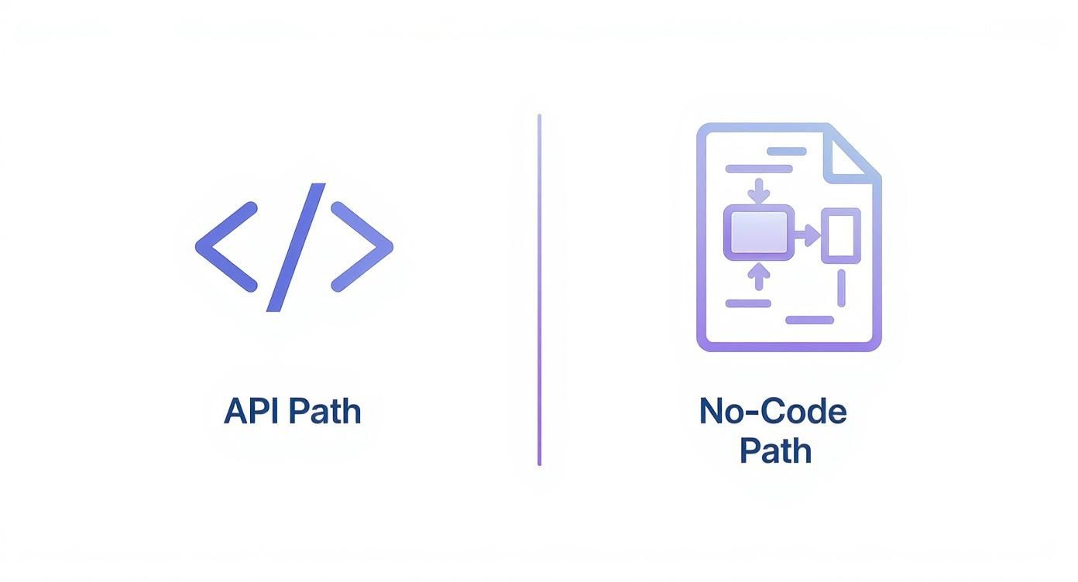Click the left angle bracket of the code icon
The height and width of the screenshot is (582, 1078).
tap(225, 247)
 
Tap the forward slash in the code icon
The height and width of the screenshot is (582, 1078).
tap(296, 247)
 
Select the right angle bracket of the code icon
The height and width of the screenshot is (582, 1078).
tap(363, 247)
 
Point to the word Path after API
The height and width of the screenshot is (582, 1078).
tap(325, 411)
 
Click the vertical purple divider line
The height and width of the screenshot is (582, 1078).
tap(539, 290)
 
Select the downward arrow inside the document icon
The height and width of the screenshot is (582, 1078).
tap(760, 190)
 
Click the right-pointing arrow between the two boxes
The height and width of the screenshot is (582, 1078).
tap(808, 234)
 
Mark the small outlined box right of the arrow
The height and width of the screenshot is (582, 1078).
tap(840, 235)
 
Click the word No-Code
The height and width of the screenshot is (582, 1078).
tap(772, 411)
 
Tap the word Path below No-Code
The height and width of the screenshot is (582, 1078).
tap(774, 450)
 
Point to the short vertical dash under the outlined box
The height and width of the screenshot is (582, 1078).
tap(841, 289)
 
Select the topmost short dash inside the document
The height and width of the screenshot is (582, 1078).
tap(787, 152)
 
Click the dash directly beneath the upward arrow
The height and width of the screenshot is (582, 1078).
tap(747, 303)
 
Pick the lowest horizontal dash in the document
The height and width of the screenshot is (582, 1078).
tap(809, 320)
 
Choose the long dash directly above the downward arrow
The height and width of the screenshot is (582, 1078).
tap(758, 169)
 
